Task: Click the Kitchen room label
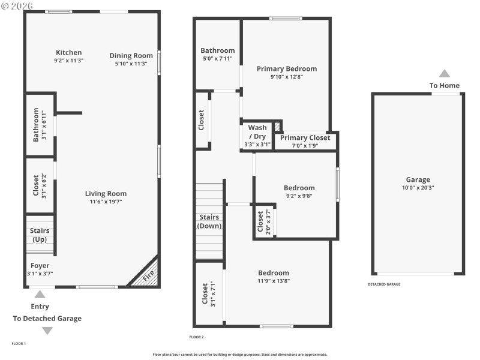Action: point(68,52)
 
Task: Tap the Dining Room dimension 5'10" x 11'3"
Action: point(131,63)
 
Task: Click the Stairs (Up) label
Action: point(40,235)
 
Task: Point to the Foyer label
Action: point(40,265)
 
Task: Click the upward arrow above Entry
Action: point(40,294)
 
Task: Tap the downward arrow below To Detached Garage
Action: point(47,331)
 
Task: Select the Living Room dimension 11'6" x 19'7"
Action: point(106,202)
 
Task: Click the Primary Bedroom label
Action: point(286,68)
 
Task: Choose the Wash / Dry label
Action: point(257,132)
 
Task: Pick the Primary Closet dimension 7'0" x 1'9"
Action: point(305,145)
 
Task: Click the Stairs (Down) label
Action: point(209,221)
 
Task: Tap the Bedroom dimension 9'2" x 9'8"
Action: point(299,196)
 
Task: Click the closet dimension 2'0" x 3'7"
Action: point(268,221)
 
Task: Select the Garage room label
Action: point(418,179)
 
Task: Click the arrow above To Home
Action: point(444,73)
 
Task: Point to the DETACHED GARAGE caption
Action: point(384,284)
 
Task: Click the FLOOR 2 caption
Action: point(197,337)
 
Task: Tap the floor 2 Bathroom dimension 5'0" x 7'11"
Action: point(218,59)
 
